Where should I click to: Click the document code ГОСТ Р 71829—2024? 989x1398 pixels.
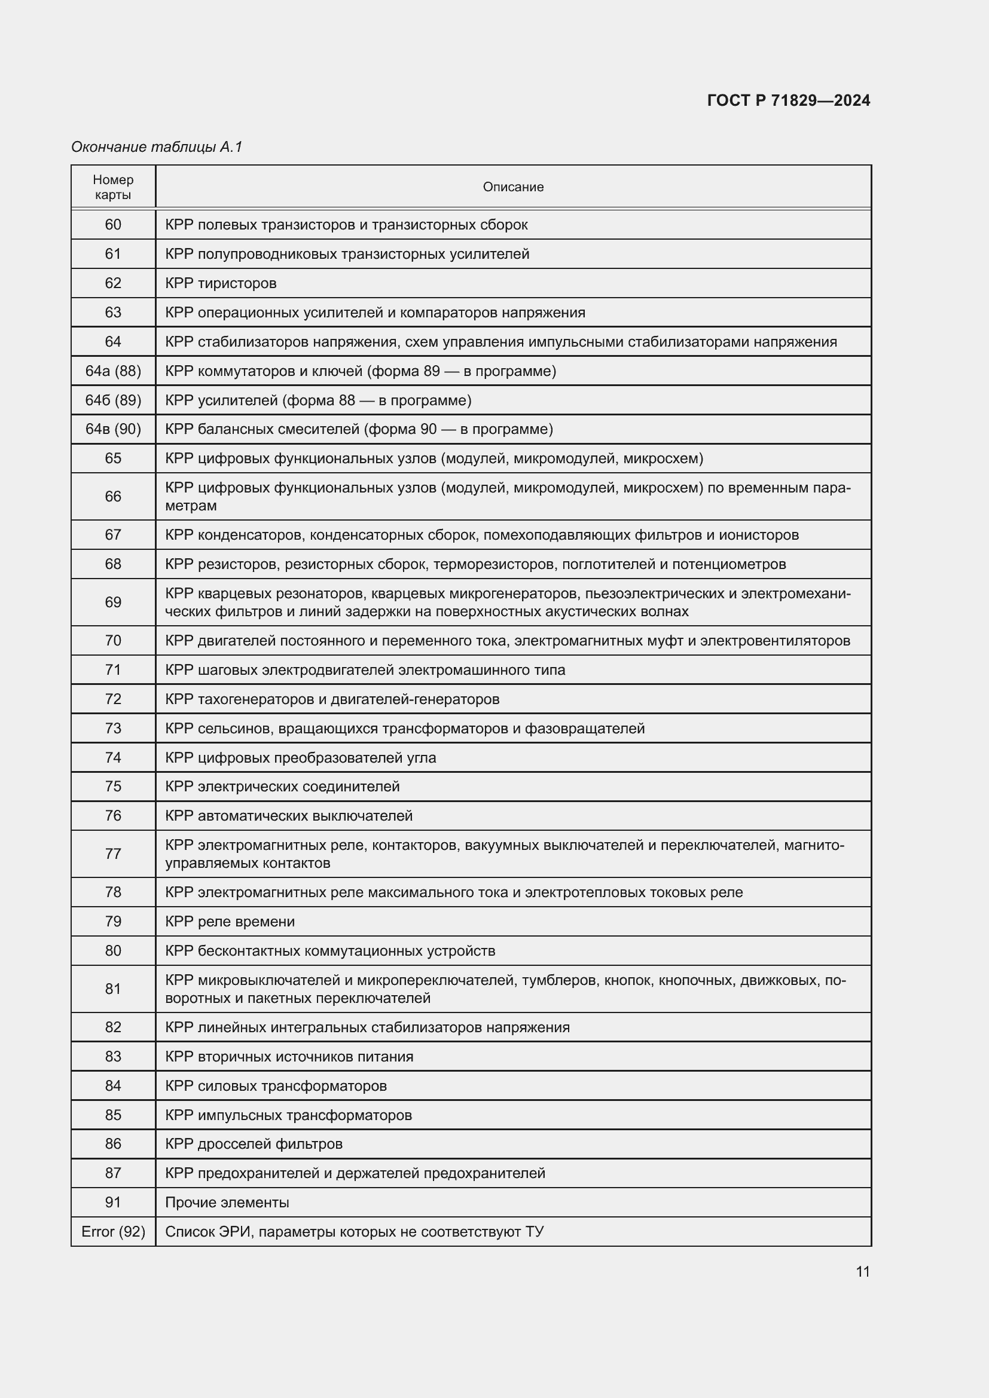pyautogui.click(x=788, y=100)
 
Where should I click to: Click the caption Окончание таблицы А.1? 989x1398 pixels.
pyautogui.click(x=157, y=147)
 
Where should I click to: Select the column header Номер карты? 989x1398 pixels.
pyautogui.click(x=113, y=187)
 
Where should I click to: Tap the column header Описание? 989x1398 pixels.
pyautogui.click(x=513, y=187)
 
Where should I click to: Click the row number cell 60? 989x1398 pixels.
pyautogui.click(x=113, y=225)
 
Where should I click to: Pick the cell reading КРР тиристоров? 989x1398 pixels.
pyautogui.click(x=221, y=283)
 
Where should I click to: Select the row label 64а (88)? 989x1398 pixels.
pyautogui.click(x=113, y=371)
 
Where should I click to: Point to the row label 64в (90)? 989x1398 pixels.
pyautogui.click(x=113, y=429)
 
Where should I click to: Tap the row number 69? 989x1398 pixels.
pyautogui.click(x=113, y=602)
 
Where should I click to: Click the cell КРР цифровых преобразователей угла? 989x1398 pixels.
pyautogui.click(x=300, y=757)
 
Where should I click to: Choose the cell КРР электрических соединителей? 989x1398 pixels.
pyautogui.click(x=282, y=786)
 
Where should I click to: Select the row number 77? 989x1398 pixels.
pyautogui.click(x=113, y=854)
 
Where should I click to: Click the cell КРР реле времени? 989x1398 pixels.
pyautogui.click(x=230, y=921)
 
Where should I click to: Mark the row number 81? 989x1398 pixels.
pyautogui.click(x=113, y=989)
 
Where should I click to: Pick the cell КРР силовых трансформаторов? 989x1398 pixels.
pyautogui.click(x=275, y=1085)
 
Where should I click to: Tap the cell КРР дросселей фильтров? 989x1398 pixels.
pyautogui.click(x=254, y=1143)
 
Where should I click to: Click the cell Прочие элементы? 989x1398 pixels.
pyautogui.click(x=227, y=1202)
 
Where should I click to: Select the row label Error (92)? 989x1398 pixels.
pyautogui.click(x=113, y=1231)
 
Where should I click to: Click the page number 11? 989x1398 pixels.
pyautogui.click(x=862, y=1271)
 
